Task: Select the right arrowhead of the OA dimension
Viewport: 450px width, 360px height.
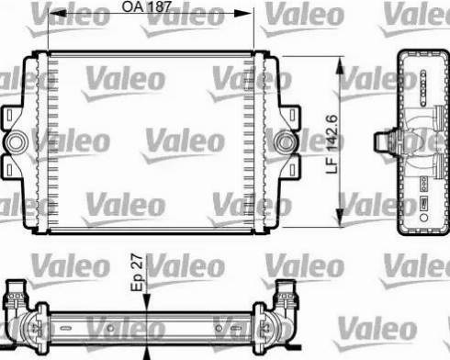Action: pyautogui.click(x=251, y=14)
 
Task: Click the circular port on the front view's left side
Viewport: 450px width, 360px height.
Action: pyautogui.click(x=16, y=144)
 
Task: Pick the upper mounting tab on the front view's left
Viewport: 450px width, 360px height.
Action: pyautogui.click(x=13, y=118)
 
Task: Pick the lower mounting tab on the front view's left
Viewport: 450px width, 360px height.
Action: pyautogui.click(x=13, y=170)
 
